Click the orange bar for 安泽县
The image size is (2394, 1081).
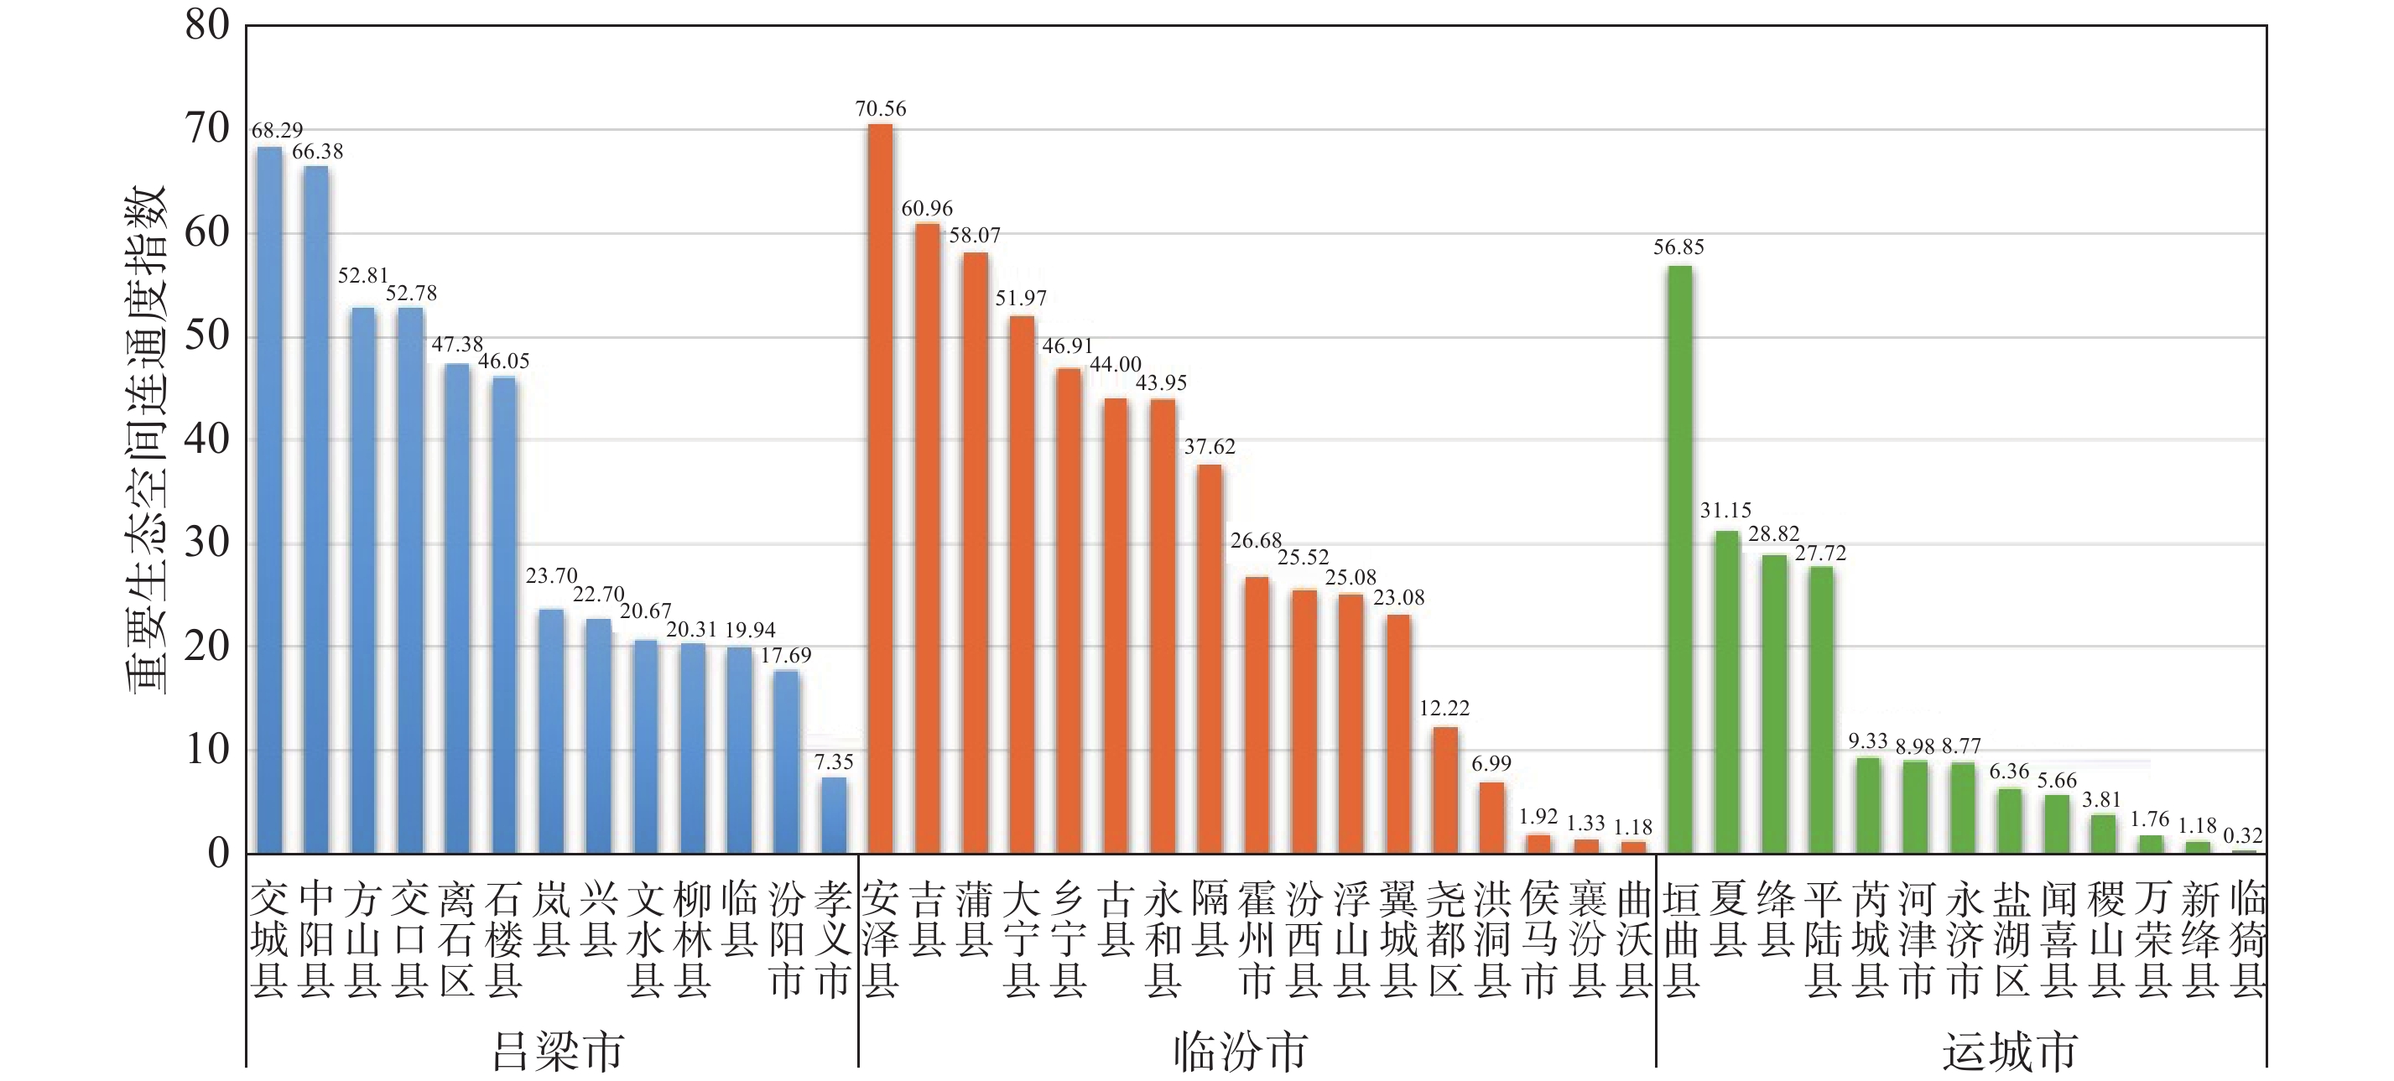pyautogui.click(x=880, y=488)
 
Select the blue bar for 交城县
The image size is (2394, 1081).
pyautogui.click(x=269, y=500)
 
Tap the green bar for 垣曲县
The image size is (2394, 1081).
pyautogui.click(x=1680, y=559)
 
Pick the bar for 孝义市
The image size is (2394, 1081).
pyautogui.click(x=834, y=815)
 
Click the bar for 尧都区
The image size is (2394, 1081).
pyautogui.click(x=1445, y=790)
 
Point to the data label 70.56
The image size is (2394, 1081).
pyautogui.click(x=880, y=109)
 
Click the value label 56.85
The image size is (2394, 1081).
pyautogui.click(x=1678, y=247)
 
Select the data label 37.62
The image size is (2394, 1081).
pyautogui.click(x=1209, y=447)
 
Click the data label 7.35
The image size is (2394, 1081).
pyautogui.click(x=834, y=762)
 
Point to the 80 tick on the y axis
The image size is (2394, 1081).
pyautogui.click(x=207, y=25)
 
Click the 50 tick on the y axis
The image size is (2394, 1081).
pyautogui.click(x=207, y=335)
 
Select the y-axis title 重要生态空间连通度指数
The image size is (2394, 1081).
pyautogui.click(x=146, y=439)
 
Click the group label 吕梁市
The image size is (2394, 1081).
pyautogui.click(x=557, y=1052)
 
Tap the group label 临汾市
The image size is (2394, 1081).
pyautogui.click(x=1241, y=1052)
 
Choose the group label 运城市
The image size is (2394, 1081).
pyautogui.click(x=2009, y=1052)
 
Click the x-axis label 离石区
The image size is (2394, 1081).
pyautogui.click(x=457, y=938)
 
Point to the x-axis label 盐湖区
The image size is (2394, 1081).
pyautogui.click(x=2010, y=938)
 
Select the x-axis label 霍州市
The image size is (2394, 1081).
pyautogui.click(x=1257, y=938)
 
